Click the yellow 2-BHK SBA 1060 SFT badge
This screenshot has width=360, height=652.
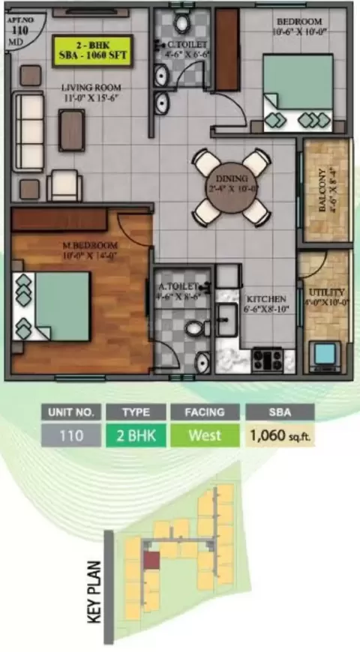pyautogui.click(x=92, y=50)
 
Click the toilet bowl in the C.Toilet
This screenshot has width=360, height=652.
pyautogui.click(x=182, y=23)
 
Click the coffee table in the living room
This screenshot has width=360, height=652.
pyautogui.click(x=72, y=124)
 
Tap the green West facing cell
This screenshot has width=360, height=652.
pyautogui.click(x=204, y=435)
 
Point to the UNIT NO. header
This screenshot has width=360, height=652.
pyautogui.click(x=70, y=411)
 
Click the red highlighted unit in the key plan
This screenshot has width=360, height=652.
pyautogui.click(x=151, y=560)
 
